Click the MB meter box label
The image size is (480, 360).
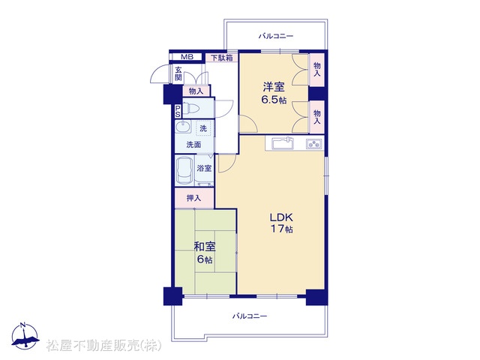(187, 57)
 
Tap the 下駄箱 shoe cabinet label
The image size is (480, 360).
(222, 58)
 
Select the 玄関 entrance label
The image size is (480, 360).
(178, 73)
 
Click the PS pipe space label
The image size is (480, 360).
(178, 112)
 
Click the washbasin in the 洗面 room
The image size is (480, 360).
(183, 127)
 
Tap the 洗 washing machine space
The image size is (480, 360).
(203, 128)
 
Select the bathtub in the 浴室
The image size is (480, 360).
(184, 171)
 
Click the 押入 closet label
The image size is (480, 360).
(193, 198)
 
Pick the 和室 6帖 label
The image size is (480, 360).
(205, 253)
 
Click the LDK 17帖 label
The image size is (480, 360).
(281, 223)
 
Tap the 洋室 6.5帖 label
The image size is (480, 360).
(274, 93)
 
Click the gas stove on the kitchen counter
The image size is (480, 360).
(313, 144)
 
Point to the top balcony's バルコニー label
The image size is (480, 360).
(276, 37)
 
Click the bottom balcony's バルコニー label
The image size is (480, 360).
(250, 316)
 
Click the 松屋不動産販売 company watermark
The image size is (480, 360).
(103, 345)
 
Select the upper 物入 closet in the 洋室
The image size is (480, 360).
(317, 70)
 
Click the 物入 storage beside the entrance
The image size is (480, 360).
(196, 91)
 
